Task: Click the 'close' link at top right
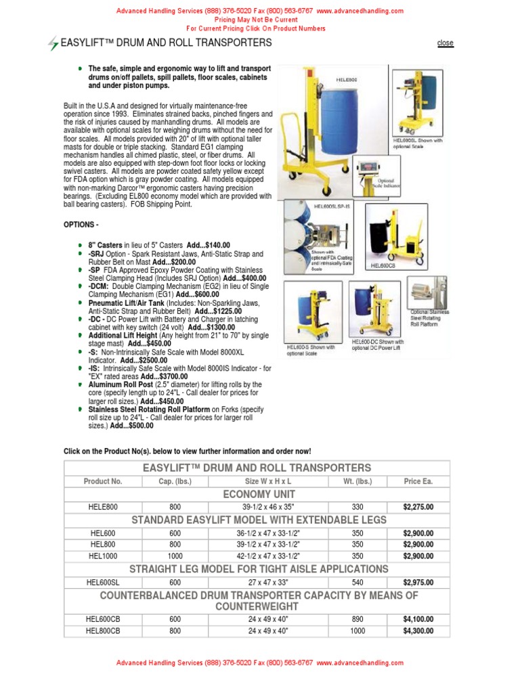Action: [445, 43]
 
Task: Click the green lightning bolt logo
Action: [53, 44]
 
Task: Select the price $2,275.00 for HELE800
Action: [418, 506]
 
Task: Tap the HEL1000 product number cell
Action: [103, 556]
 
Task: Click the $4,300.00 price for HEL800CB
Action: [418, 631]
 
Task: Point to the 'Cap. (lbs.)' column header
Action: [175, 481]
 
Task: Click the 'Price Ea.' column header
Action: [418, 481]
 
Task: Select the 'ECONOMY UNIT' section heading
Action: [257, 494]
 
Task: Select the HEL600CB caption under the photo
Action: [384, 266]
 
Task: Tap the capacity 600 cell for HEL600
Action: [175, 533]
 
